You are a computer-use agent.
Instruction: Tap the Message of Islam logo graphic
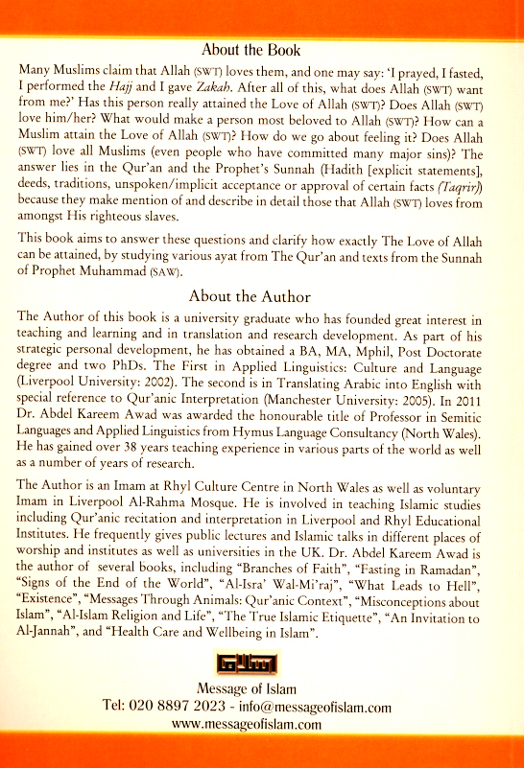pos(261,664)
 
